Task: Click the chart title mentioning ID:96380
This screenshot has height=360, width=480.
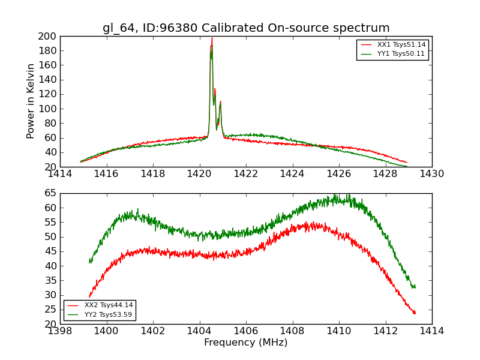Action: (246, 28)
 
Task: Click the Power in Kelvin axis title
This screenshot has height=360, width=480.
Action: (31, 101)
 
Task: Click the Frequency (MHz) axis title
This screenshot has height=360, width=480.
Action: (246, 343)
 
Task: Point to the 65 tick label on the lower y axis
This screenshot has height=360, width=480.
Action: (50, 193)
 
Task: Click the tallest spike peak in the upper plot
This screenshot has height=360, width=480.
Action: (212, 38)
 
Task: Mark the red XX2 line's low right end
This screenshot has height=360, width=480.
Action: (415, 313)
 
